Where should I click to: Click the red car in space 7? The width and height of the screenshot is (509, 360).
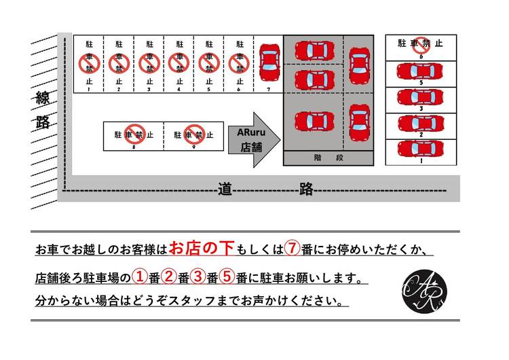click(269, 62)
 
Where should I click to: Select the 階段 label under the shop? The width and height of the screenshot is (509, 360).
click(328, 158)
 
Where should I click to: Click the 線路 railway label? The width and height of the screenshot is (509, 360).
click(43, 111)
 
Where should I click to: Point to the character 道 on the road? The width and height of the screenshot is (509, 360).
click(225, 189)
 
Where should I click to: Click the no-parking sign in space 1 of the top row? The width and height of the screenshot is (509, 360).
click(90, 64)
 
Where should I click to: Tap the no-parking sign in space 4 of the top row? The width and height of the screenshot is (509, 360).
click(179, 64)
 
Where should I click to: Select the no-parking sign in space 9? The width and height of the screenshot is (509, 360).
click(195, 134)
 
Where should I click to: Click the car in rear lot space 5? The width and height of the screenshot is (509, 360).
click(420, 71)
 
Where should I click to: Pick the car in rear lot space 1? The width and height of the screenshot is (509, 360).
click(421, 149)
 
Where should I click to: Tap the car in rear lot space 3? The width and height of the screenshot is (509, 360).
click(420, 97)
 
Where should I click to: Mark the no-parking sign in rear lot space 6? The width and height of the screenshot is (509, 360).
click(421, 46)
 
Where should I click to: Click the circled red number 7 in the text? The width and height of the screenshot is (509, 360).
click(292, 249)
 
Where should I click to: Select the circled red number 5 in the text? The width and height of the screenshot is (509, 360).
click(227, 277)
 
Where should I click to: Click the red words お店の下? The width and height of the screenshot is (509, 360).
click(202, 248)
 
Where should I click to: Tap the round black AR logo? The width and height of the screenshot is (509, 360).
click(425, 291)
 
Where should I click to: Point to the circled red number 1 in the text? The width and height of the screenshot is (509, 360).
click(140, 277)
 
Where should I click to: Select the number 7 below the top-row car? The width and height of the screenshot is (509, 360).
click(269, 90)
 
